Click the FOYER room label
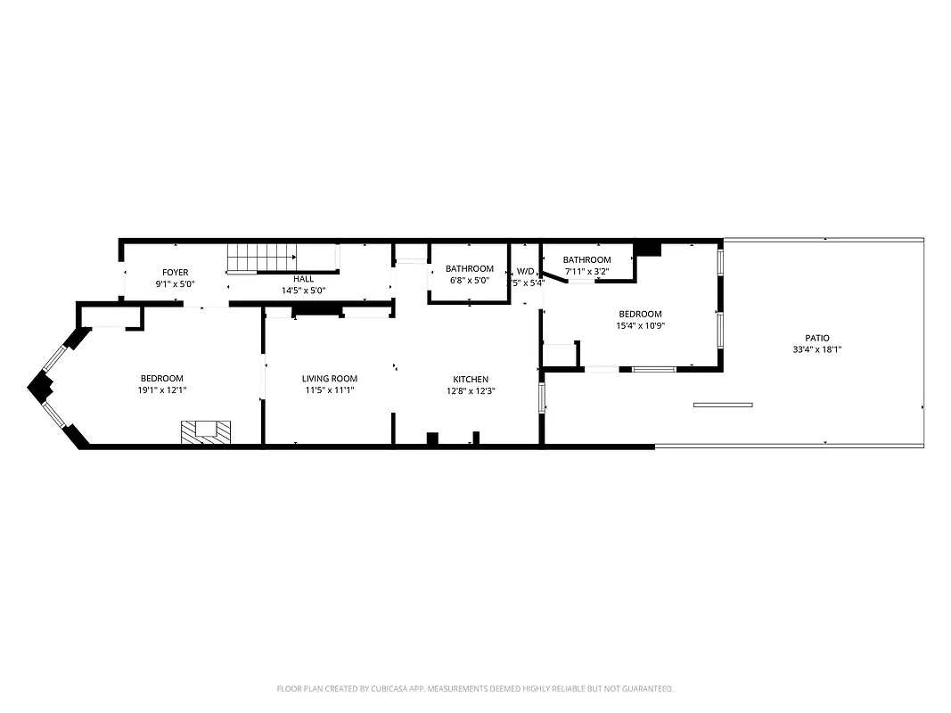click(175, 273)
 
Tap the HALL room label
click(303, 279)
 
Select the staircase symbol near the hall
click(260, 258)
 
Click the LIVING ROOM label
click(329, 379)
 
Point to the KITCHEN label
click(470, 380)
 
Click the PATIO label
click(817, 338)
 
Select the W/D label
click(525, 272)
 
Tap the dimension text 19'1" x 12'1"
click(161, 390)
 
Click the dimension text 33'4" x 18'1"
click(817, 349)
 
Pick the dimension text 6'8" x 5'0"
click(470, 281)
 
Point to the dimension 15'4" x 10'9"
click(640, 325)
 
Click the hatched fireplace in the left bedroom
click(206, 431)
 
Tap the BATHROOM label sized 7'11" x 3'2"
click(586, 260)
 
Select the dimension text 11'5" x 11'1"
click(329, 390)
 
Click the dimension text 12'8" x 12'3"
click(470, 391)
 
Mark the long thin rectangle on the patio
click(723, 406)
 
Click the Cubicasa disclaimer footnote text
click(475, 689)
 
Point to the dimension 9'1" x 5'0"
click(175, 284)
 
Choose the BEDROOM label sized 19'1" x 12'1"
click(161, 379)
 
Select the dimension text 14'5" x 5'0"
click(303, 291)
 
